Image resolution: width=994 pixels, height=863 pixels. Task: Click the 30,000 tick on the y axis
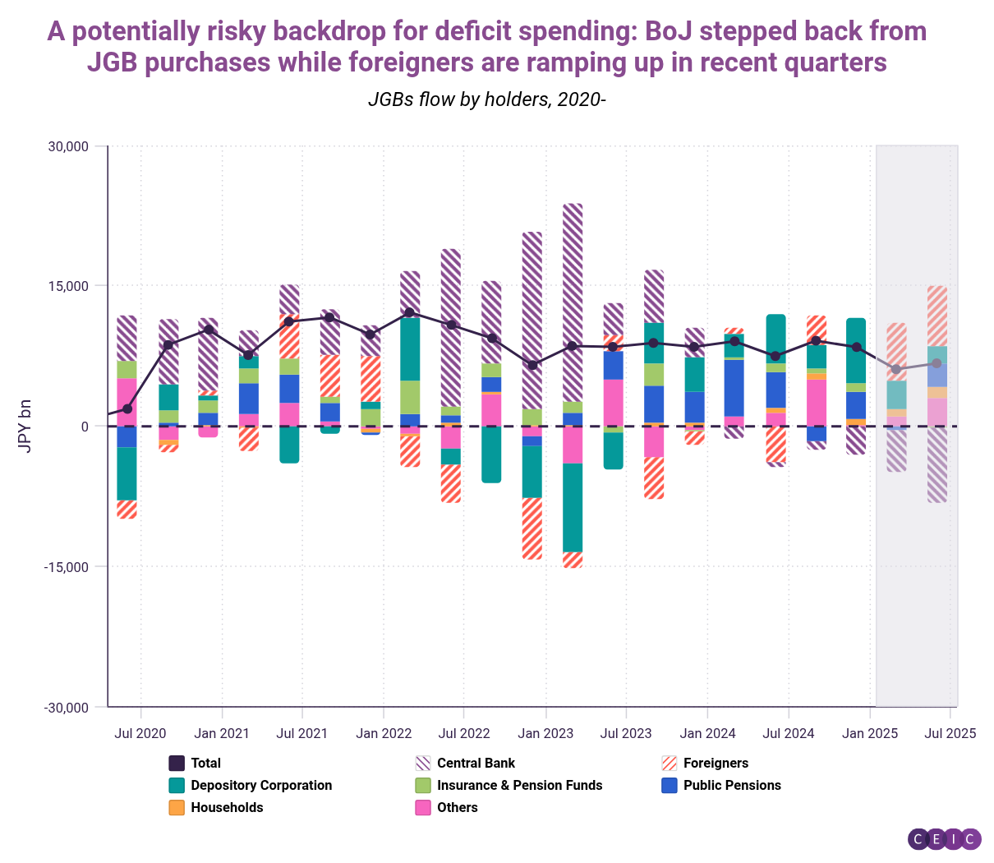(x=68, y=146)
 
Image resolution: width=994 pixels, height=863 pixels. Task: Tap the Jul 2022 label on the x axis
(x=464, y=733)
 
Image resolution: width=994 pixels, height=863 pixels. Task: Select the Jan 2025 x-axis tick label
(x=869, y=733)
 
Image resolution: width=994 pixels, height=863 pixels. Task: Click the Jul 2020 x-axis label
(x=140, y=733)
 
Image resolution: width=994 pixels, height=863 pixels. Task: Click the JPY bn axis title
(x=25, y=427)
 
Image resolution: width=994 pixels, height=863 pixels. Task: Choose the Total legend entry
(x=205, y=763)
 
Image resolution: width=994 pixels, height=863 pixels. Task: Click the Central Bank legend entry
(x=476, y=763)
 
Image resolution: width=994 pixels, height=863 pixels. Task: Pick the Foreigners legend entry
(x=716, y=763)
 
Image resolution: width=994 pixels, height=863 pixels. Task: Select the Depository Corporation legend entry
(x=261, y=785)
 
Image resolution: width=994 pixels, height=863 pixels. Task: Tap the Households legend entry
(x=227, y=807)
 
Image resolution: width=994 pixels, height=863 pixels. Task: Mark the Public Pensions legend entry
(x=732, y=785)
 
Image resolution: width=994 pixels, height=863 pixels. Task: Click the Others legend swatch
(x=423, y=807)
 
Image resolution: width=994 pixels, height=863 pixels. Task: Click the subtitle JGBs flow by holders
(x=486, y=99)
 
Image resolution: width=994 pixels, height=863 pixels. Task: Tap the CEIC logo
(x=945, y=838)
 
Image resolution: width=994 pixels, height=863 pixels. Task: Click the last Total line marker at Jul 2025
(x=936, y=363)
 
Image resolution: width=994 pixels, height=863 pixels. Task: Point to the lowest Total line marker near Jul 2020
(x=127, y=408)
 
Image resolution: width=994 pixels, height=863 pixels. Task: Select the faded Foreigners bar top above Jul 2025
(x=936, y=316)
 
